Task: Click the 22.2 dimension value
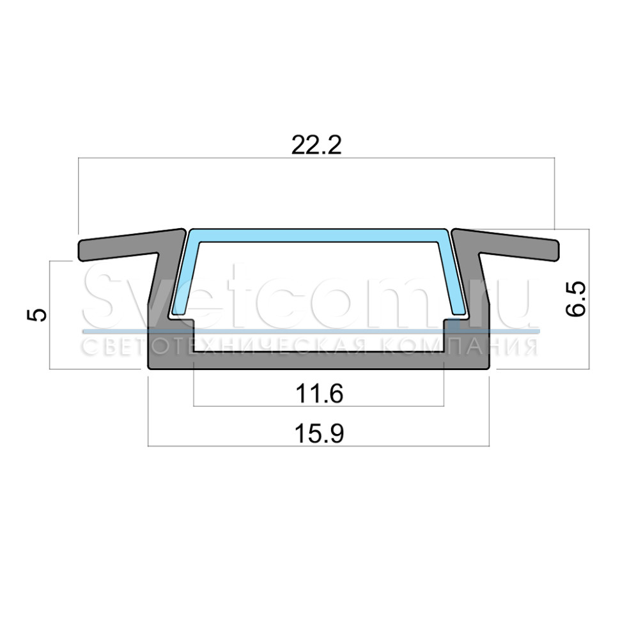316,145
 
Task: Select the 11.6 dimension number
320,394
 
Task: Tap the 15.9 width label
320,433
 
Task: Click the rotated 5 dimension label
36,315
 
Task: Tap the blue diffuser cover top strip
319,235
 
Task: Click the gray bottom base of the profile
319,360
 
